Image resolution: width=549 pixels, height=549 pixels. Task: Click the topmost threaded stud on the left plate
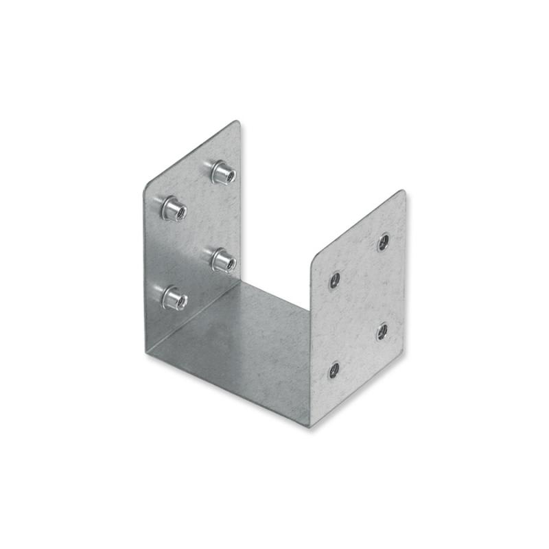coord(223,172)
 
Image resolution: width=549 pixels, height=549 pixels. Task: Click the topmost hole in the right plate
coord(384,241)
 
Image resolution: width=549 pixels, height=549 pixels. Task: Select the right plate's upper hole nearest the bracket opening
coord(335,279)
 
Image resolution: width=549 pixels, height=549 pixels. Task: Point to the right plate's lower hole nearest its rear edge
coord(382,331)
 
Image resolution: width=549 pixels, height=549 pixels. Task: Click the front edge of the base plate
coord(226,388)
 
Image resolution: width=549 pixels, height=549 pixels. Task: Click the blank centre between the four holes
coord(358,305)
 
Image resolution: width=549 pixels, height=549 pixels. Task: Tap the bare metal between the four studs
coord(197,234)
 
